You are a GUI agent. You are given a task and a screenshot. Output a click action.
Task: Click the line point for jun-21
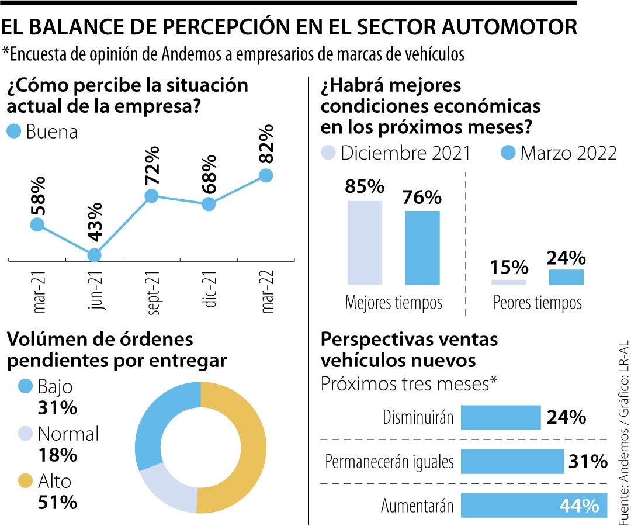pyautogui.click(x=94, y=255)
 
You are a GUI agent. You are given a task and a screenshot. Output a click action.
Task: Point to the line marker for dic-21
pyautogui.click(x=208, y=204)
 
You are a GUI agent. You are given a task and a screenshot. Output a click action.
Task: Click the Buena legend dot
pyautogui.click(x=15, y=131)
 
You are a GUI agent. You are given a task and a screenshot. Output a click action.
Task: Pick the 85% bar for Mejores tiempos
pyautogui.click(x=365, y=243)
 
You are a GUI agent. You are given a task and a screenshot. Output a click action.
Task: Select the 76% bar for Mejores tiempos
pyautogui.click(x=422, y=248)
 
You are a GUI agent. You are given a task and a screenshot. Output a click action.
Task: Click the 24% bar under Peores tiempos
pyautogui.click(x=566, y=277)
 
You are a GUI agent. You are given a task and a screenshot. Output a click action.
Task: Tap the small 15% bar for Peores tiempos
pyautogui.click(x=509, y=282)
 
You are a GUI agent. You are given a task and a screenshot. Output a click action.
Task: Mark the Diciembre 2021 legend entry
pyautogui.click(x=397, y=153)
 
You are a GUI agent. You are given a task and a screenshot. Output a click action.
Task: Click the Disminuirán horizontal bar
pyautogui.click(x=501, y=417)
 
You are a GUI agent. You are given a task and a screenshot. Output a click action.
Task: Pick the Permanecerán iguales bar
pyautogui.click(x=512, y=461)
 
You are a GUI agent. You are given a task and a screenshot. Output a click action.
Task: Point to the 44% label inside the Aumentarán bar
pyautogui.click(x=579, y=506)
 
